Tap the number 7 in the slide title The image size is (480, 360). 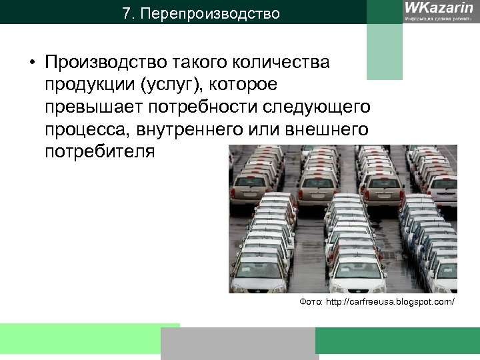pos(127,13)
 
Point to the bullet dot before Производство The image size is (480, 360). pos(31,64)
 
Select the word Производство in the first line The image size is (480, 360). pos(106,63)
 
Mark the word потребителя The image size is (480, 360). pos(99,151)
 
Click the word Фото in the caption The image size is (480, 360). pos(311,303)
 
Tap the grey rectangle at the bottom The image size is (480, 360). pos(237,343)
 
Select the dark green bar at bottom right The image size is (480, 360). pos(397,340)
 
